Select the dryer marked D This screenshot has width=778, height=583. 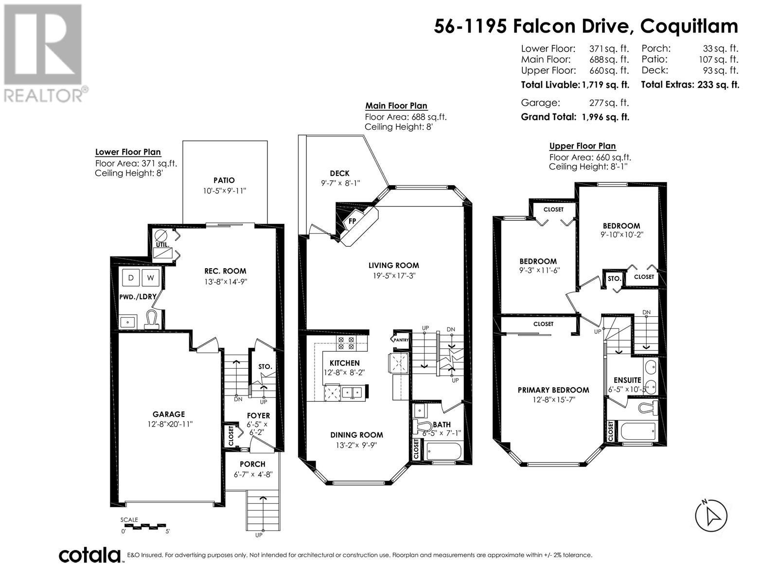131,277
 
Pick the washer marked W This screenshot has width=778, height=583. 151,277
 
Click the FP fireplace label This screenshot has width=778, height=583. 353,221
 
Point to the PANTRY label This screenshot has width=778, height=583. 401,340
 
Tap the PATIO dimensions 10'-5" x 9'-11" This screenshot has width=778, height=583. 224,191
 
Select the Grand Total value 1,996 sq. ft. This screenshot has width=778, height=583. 605,117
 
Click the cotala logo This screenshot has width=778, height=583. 90,555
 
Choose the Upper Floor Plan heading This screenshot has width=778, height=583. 583,146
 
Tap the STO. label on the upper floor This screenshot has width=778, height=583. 614,278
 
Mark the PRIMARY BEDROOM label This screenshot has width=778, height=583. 553,390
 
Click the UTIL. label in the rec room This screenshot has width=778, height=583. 163,244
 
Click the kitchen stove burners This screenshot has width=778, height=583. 346,343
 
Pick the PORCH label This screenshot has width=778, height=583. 252,464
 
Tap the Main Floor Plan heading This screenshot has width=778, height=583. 396,105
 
